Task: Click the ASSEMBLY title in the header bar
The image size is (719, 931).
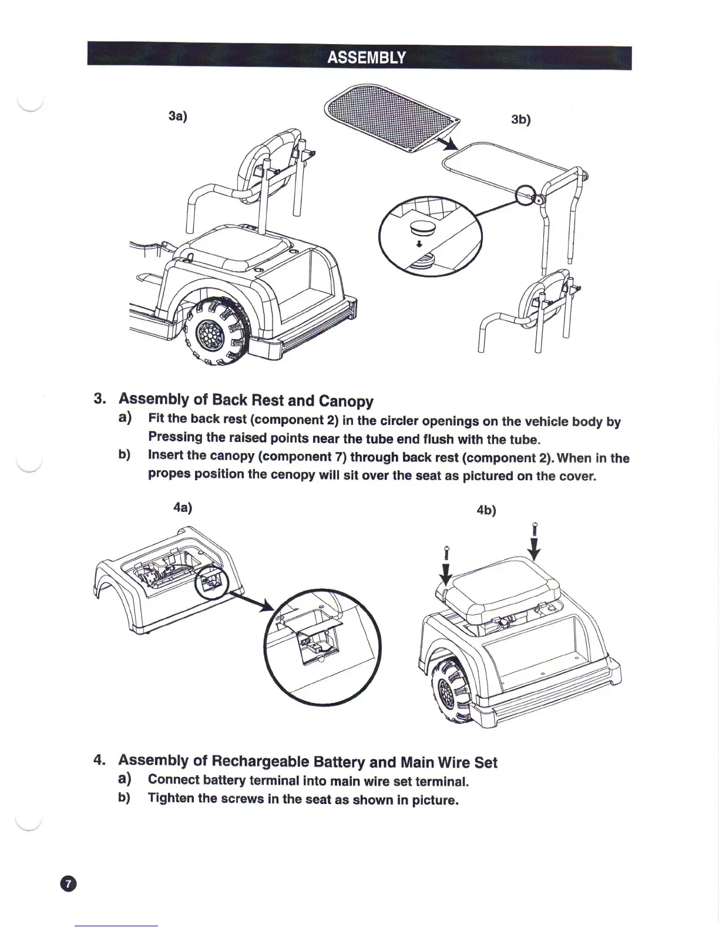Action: click(x=366, y=58)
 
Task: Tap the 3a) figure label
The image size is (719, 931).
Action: click(x=177, y=116)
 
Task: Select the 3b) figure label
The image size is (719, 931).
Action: click(x=520, y=119)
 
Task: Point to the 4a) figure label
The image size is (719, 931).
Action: click(x=183, y=507)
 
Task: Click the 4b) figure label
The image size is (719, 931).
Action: click(x=486, y=510)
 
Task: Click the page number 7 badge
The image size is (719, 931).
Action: click(x=68, y=884)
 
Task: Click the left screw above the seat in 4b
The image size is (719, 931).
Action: click(x=446, y=553)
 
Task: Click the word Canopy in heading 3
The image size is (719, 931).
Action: click(x=346, y=401)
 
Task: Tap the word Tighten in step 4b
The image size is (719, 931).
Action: click(x=171, y=799)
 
